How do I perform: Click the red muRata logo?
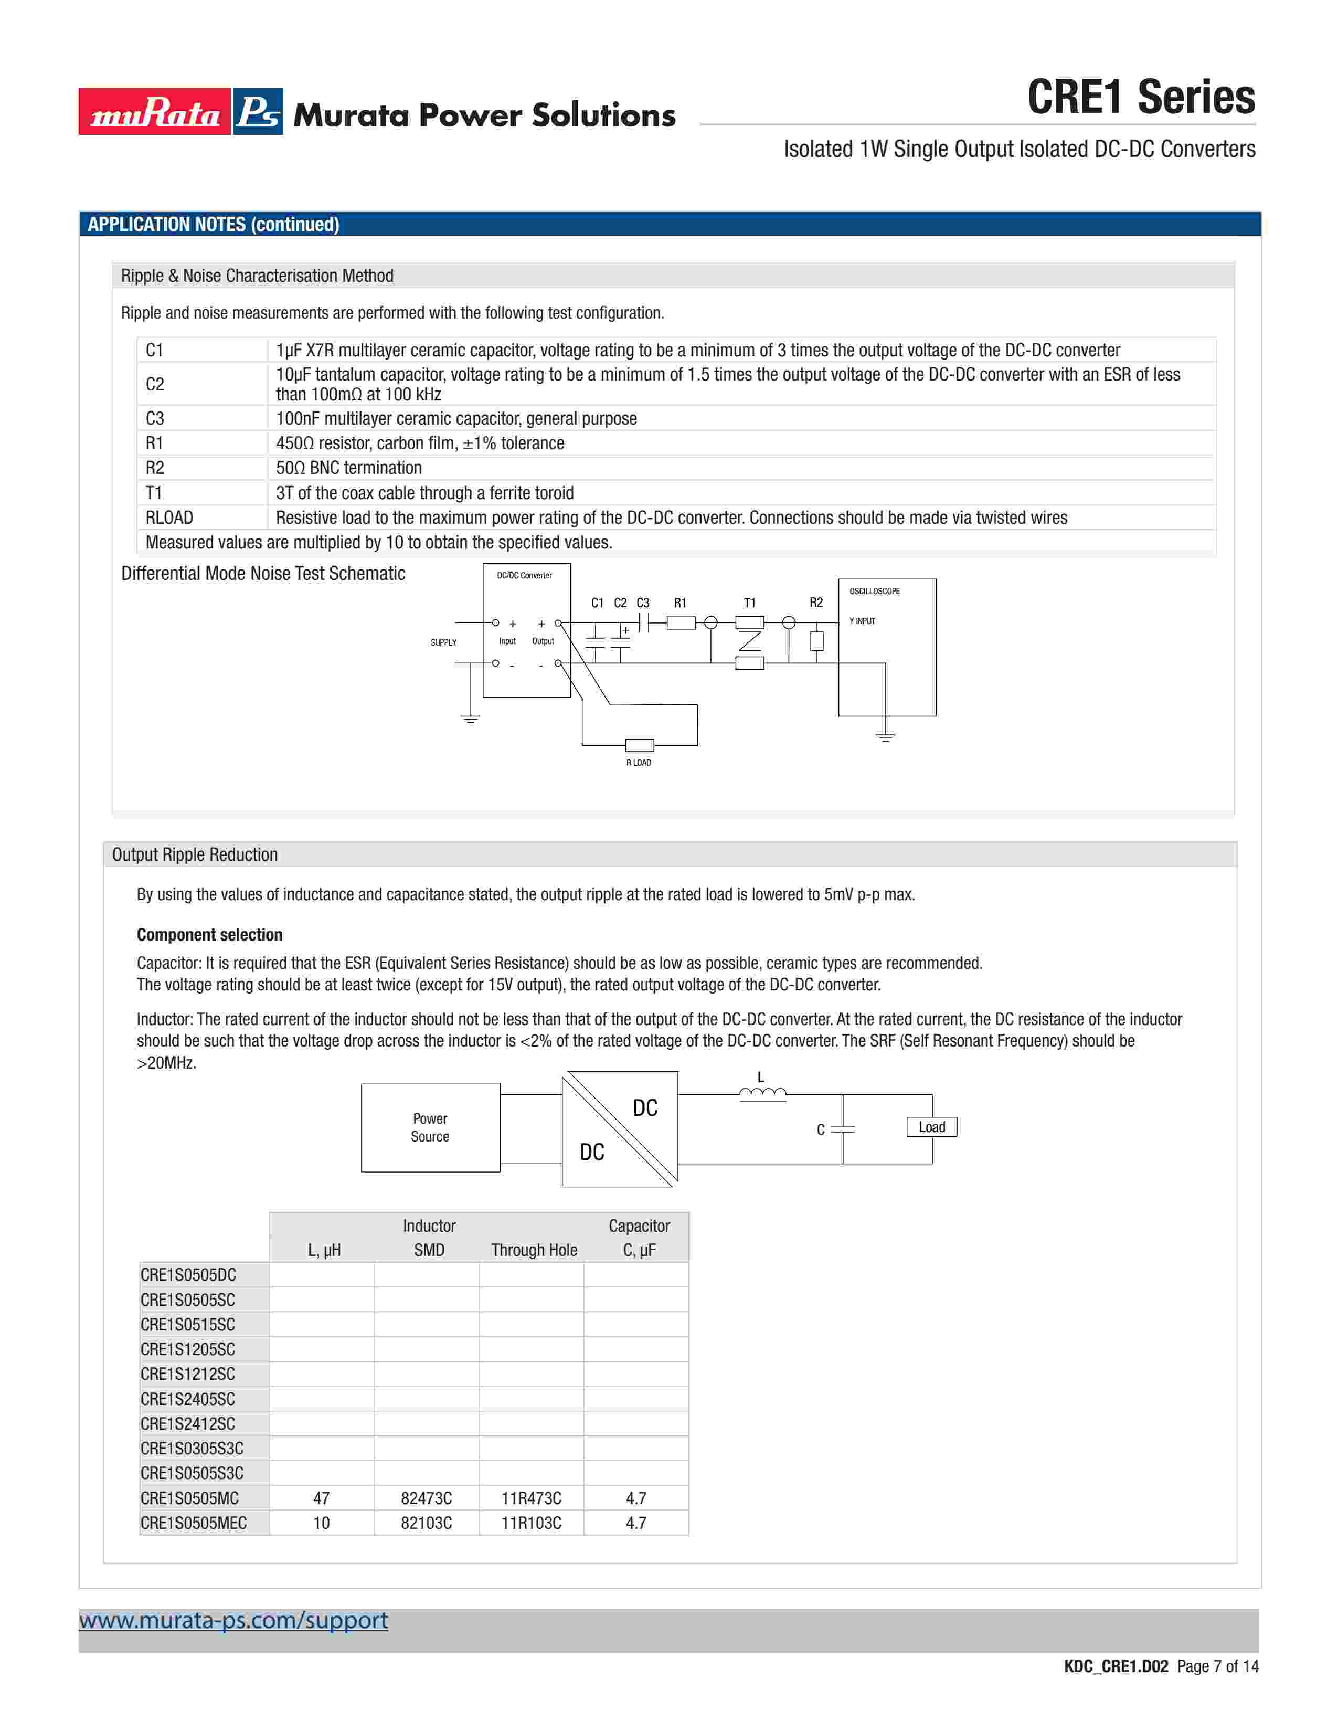[155, 112]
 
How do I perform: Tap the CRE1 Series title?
[1141, 98]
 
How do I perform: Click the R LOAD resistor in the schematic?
[639, 745]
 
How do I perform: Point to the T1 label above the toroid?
[749, 603]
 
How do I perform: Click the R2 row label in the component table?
[155, 468]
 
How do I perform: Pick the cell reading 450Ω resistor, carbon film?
[420, 443]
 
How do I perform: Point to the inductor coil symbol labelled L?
[762, 1094]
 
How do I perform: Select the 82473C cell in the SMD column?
[427, 1498]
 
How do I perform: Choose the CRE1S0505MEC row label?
[194, 1523]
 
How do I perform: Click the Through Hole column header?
[534, 1250]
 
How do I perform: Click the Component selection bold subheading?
[209, 934]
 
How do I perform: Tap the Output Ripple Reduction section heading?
[195, 854]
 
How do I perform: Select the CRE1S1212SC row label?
[188, 1374]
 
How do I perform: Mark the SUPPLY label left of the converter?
[443, 642]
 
